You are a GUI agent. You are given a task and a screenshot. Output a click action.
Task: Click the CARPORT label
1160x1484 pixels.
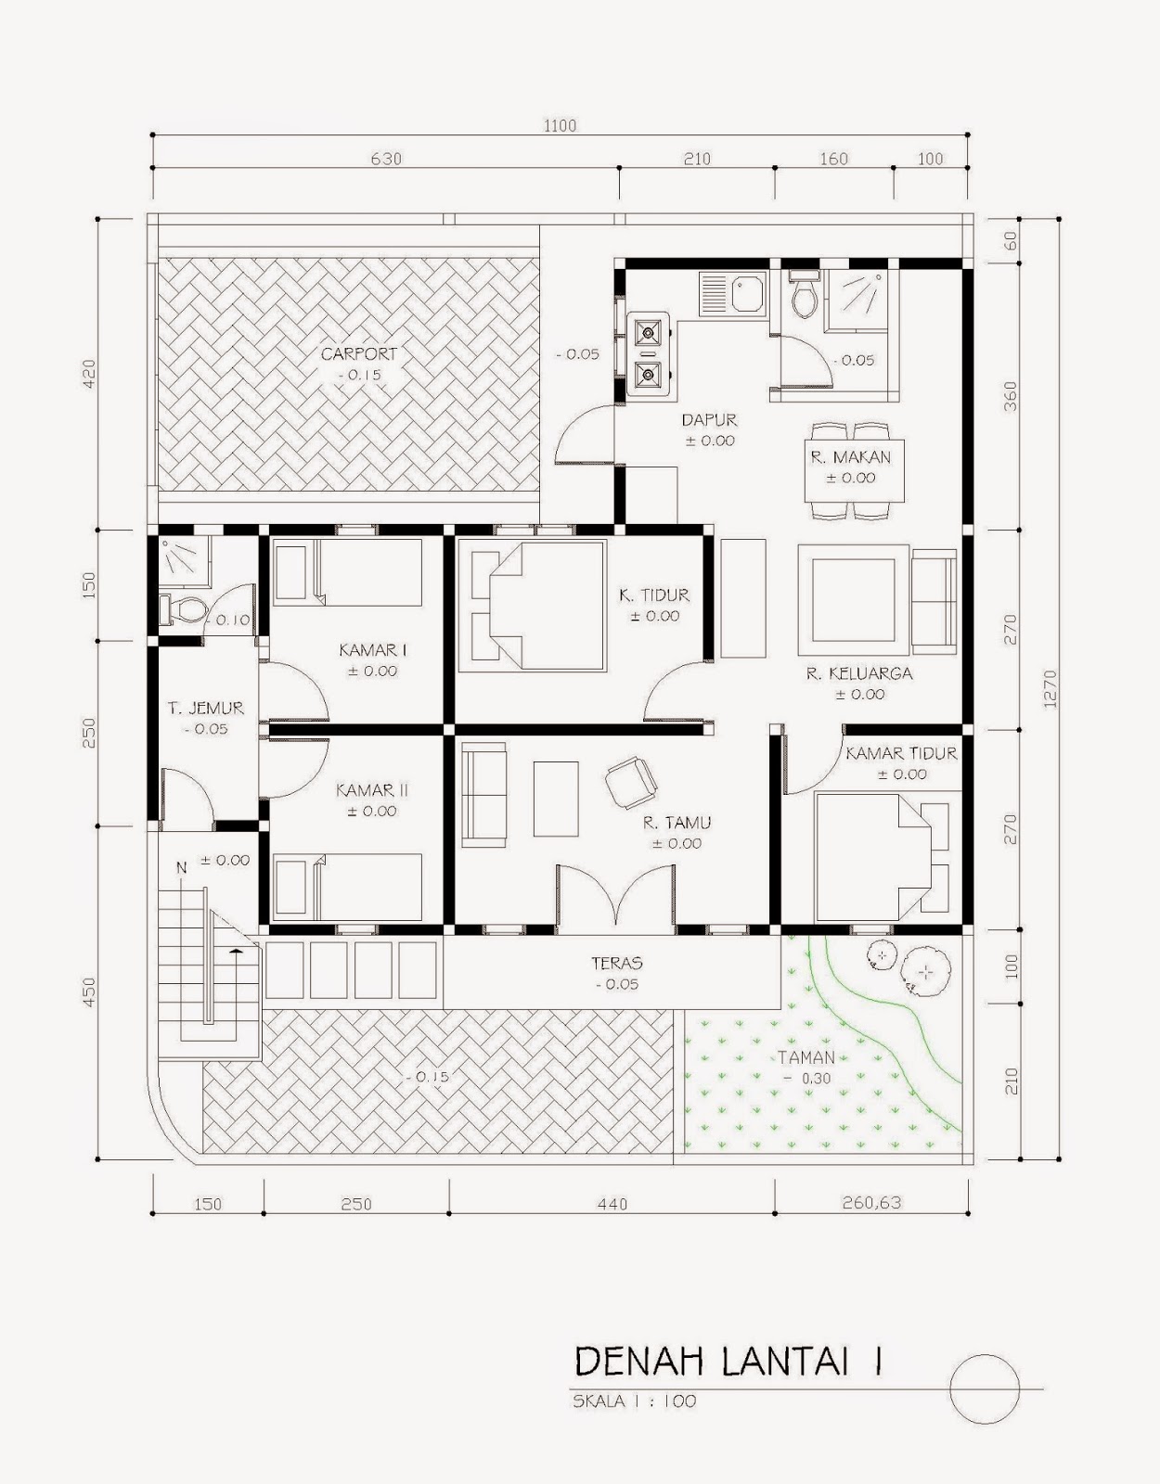(x=359, y=354)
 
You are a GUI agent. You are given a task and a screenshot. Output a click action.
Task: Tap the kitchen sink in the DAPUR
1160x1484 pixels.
(x=733, y=294)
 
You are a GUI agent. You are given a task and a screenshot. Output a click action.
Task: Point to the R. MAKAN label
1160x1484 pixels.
(x=850, y=457)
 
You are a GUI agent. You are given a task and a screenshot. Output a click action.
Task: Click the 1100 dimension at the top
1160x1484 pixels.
(x=560, y=125)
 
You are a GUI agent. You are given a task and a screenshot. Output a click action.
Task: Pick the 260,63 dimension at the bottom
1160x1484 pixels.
(x=871, y=1203)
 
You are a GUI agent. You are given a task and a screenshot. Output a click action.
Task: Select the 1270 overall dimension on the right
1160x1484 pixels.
(x=1050, y=688)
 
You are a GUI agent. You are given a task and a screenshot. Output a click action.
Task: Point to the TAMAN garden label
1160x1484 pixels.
(x=806, y=1057)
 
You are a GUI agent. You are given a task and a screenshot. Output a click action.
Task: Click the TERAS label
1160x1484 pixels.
(x=617, y=964)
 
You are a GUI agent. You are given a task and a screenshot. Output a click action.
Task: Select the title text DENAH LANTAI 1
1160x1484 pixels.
(x=728, y=1362)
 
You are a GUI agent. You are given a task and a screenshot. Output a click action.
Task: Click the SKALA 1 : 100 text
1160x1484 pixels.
(x=634, y=1401)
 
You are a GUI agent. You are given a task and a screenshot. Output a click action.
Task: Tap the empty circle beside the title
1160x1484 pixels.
(x=985, y=1388)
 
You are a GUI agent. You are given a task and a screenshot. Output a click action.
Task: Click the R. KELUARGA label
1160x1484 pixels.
(x=858, y=673)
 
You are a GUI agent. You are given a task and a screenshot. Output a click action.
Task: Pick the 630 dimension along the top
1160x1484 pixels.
(x=386, y=159)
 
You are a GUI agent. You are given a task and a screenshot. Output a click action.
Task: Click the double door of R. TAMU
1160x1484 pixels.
(x=615, y=898)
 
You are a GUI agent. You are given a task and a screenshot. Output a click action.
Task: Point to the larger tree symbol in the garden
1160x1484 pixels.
(x=925, y=971)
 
